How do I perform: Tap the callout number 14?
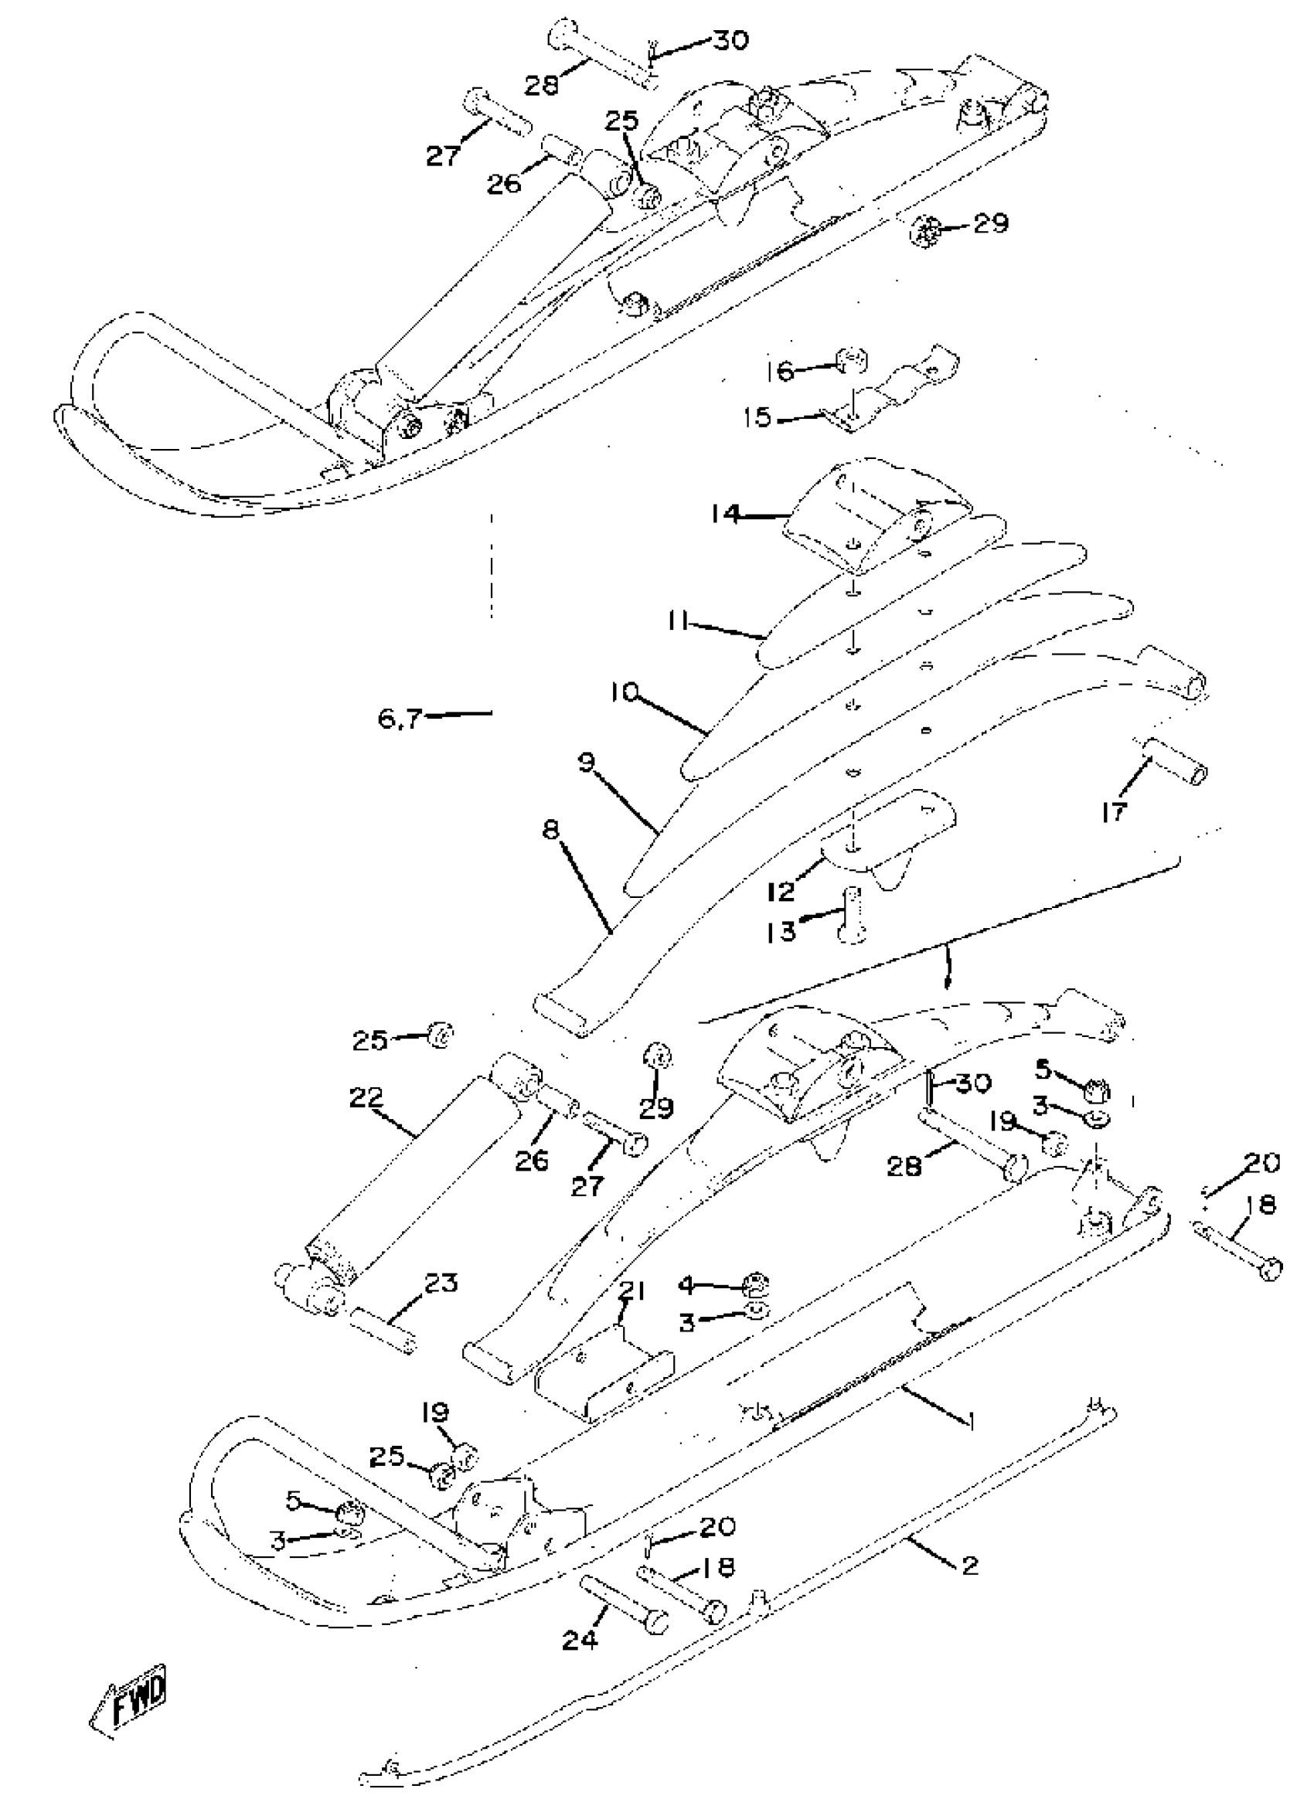(727, 513)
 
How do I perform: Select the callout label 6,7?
(400, 718)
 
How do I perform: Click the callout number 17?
(1113, 812)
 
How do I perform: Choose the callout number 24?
(579, 1641)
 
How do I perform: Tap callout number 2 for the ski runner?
(970, 1565)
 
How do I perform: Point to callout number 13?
(782, 931)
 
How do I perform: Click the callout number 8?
(550, 830)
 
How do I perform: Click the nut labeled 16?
(851, 361)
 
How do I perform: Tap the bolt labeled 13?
(851, 913)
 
